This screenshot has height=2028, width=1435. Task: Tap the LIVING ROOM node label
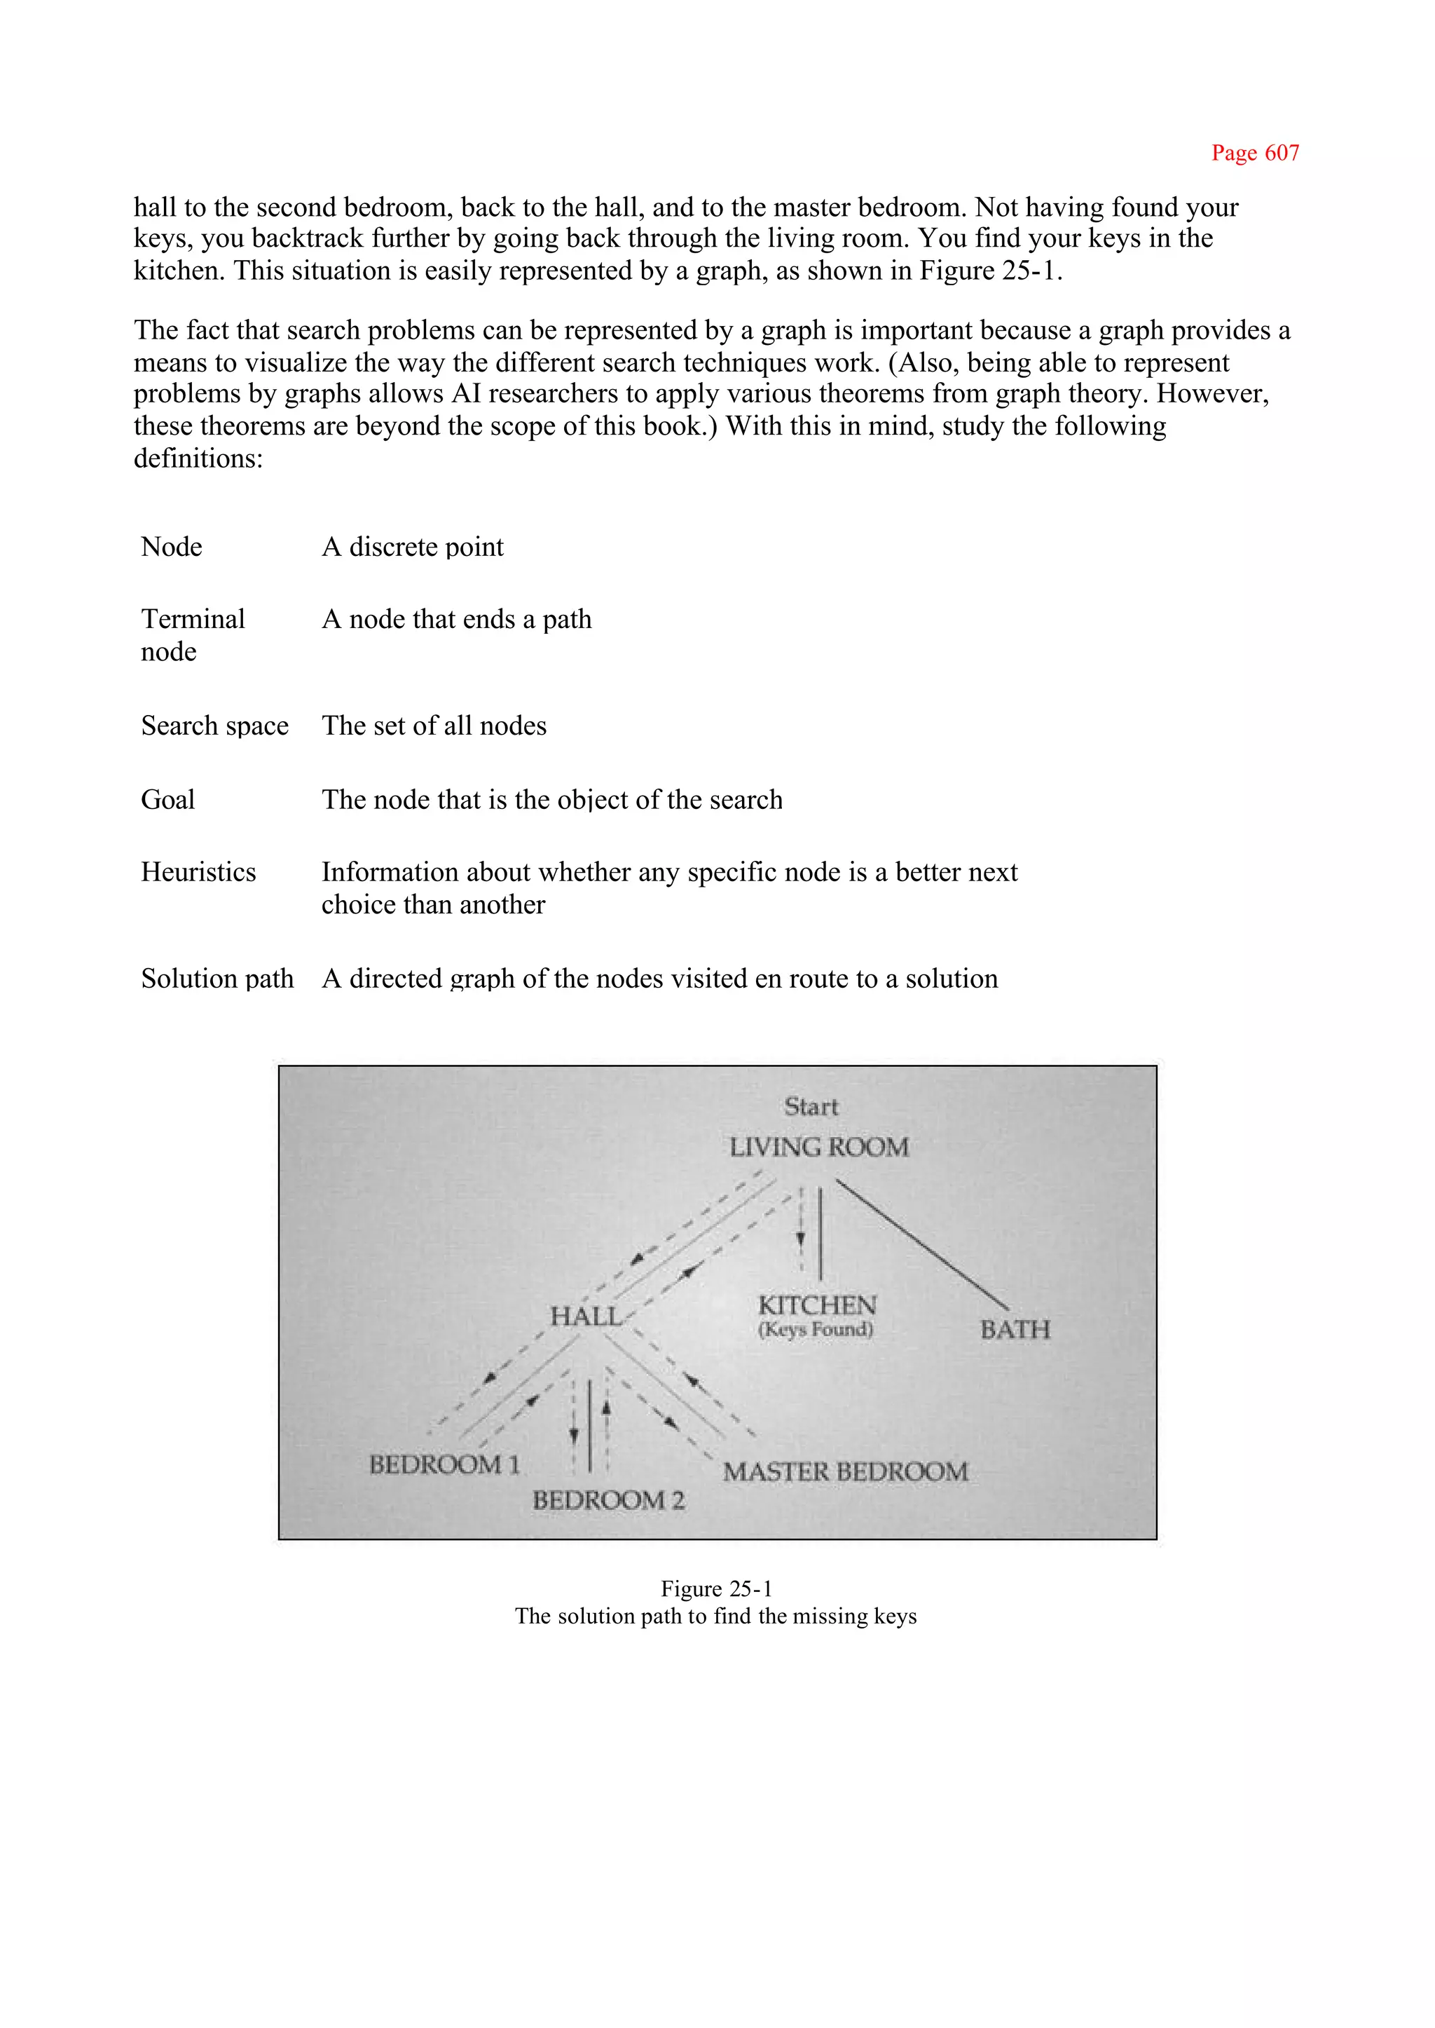pos(818,1148)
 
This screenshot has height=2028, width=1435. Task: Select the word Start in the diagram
pos(810,1107)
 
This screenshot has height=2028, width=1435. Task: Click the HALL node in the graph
pos(585,1316)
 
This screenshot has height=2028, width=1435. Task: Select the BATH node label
pos(1015,1330)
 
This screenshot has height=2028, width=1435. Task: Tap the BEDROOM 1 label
pos(444,1465)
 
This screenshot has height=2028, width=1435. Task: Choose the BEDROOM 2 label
pos(608,1500)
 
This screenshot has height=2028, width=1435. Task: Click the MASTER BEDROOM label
pos(845,1472)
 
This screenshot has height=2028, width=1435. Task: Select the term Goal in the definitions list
pos(168,800)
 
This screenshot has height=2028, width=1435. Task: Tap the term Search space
pos(214,726)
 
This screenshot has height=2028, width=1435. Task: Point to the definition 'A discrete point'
pos(412,547)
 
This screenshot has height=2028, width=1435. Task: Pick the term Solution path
pos(217,979)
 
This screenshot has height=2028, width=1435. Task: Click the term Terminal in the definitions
pos(193,620)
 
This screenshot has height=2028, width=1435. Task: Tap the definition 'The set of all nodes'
pos(434,726)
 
